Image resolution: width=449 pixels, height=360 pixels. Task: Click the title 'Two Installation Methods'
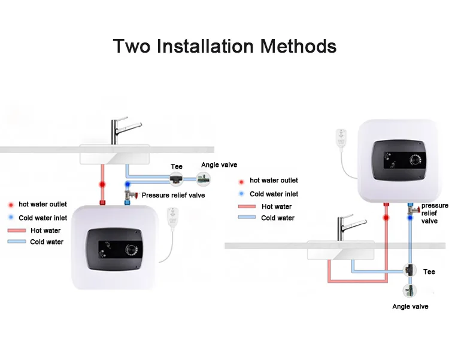coord(224,45)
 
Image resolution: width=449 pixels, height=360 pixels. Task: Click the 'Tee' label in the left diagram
coord(177,167)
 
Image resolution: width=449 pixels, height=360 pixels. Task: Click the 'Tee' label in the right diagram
coord(429,271)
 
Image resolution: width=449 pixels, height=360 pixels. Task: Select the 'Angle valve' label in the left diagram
coord(220,165)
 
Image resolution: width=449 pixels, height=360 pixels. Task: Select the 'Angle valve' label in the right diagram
coord(410,307)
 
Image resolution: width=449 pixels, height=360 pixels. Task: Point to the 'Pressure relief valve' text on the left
coord(173,195)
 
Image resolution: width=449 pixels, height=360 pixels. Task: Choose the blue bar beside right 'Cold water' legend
coord(246,218)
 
